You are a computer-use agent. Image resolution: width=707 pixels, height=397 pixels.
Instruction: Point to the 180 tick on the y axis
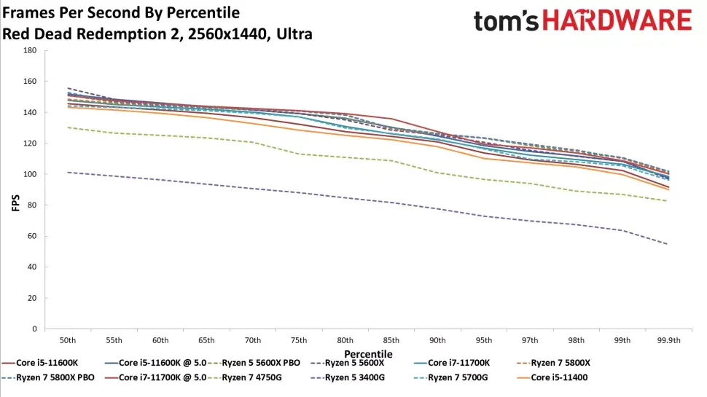pos(30,51)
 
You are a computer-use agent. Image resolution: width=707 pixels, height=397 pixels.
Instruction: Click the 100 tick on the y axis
pos(30,175)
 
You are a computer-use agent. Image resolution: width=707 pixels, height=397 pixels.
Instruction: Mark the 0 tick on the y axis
pos(34,329)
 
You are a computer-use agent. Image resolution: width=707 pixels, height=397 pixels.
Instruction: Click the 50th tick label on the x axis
pos(68,340)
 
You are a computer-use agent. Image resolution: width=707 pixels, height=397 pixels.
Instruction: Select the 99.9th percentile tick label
pos(668,340)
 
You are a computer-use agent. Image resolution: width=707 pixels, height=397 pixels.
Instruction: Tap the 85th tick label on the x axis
pos(391,340)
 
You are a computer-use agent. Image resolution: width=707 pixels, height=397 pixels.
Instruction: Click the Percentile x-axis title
pos(368,354)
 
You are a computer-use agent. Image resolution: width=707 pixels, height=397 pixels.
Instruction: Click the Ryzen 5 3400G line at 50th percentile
pos(68,173)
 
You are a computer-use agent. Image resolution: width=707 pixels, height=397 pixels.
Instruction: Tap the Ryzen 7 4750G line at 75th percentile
pos(299,154)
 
